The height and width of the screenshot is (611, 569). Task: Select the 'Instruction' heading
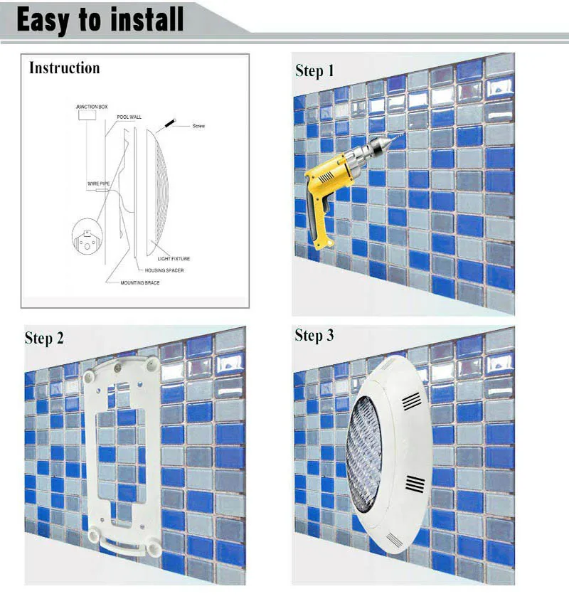64,68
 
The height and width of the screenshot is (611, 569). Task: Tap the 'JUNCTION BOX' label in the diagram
92,107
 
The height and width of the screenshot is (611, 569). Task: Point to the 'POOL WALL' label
129,115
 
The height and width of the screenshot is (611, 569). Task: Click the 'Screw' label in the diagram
198,126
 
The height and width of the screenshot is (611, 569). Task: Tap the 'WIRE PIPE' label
97,184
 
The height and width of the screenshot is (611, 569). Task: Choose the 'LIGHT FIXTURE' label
174,258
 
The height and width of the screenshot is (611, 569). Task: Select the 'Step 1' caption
314,70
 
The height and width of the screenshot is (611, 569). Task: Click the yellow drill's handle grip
320,221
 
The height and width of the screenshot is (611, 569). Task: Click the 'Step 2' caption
44,338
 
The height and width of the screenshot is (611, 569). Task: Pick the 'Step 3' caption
314,336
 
